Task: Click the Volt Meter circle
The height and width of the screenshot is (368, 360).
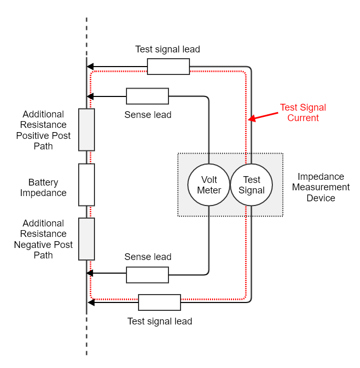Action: (209, 185)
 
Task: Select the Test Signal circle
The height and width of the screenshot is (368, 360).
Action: (251, 185)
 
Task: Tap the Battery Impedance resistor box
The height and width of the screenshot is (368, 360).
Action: (87, 185)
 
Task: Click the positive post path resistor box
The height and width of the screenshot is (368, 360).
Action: (87, 129)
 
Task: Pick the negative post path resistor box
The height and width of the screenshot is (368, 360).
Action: (87, 239)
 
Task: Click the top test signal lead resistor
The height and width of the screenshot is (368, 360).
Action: (168, 67)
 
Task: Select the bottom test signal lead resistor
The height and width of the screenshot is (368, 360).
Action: (160, 302)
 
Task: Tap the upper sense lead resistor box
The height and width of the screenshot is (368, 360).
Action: (147, 96)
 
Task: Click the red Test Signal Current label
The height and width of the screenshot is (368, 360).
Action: (303, 113)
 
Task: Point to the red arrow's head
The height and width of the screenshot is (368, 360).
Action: (251, 119)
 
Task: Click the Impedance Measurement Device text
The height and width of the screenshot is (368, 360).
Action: (321, 187)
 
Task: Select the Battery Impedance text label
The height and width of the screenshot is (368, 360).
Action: (43, 188)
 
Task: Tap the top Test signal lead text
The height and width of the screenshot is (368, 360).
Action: (167, 49)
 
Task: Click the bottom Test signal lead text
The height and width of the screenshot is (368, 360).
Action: (160, 321)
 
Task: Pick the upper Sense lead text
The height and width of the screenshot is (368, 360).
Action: (147, 114)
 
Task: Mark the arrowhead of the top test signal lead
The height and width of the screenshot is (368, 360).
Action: (90, 67)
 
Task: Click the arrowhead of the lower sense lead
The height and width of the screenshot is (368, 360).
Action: (90, 273)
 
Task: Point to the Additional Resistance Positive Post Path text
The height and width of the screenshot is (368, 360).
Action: (43, 130)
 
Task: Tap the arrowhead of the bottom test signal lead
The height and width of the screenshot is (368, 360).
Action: (91, 302)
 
